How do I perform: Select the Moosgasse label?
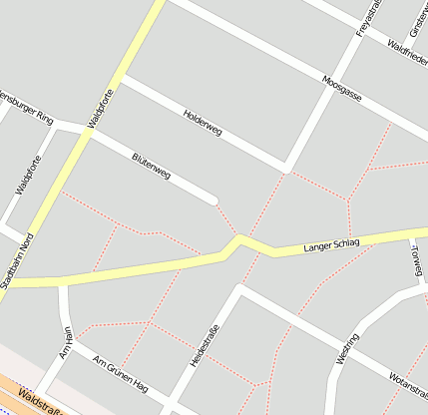342,91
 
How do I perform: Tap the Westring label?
347,349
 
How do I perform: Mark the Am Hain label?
67,342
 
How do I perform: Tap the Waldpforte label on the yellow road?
101,109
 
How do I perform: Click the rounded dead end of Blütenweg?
213,201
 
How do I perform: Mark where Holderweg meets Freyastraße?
286,167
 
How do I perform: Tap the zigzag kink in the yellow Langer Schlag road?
235,242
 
